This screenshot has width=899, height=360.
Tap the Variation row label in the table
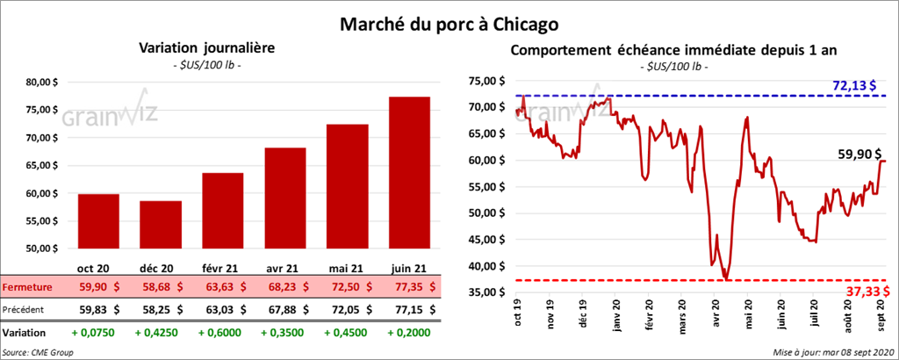pos(25,333)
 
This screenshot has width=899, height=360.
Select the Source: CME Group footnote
pos(37,351)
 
